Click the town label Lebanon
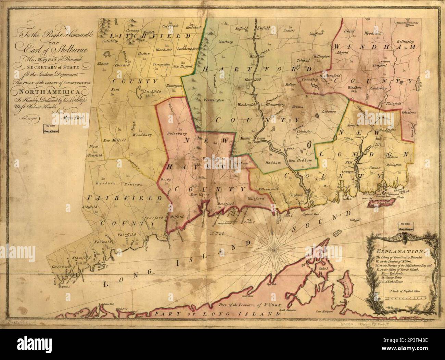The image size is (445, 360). pyautogui.click(x=329, y=112)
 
